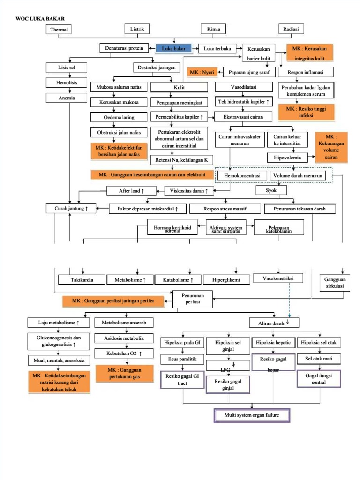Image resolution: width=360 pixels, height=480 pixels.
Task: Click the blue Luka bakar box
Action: tap(174, 48)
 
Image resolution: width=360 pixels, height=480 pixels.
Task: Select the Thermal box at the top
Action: tap(59, 30)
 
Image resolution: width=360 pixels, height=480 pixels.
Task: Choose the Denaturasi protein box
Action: tap(124, 48)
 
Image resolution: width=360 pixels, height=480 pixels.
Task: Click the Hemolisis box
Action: tap(66, 82)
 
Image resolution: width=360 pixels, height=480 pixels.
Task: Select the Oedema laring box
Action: tap(119, 117)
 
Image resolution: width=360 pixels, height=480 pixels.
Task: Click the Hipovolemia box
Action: tap(287, 157)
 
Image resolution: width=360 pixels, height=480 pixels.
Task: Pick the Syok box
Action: tap(271, 190)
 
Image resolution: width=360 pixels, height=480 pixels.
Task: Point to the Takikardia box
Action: tap(82, 280)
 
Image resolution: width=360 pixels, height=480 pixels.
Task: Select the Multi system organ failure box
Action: tap(252, 415)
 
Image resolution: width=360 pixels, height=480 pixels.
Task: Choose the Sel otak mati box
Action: tap(319, 359)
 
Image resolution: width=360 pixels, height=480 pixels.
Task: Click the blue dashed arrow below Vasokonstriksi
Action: tap(289, 300)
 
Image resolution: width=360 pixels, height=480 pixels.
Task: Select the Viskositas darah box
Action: tap(189, 191)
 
